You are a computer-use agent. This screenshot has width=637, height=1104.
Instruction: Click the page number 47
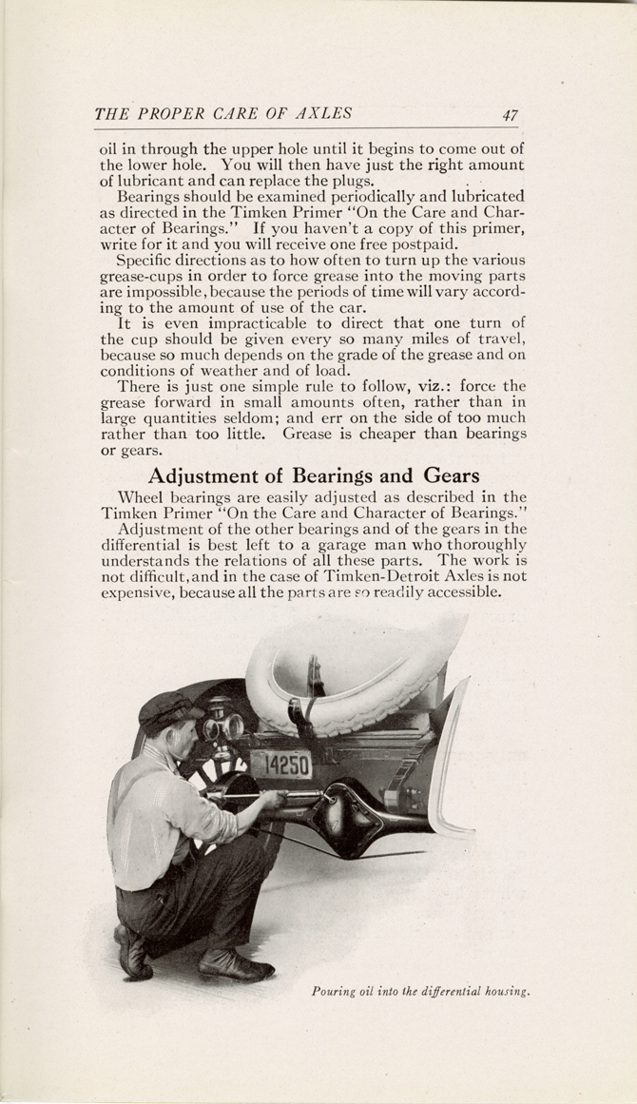(511, 115)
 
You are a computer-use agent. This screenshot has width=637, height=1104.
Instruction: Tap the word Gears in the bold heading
(445, 475)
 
